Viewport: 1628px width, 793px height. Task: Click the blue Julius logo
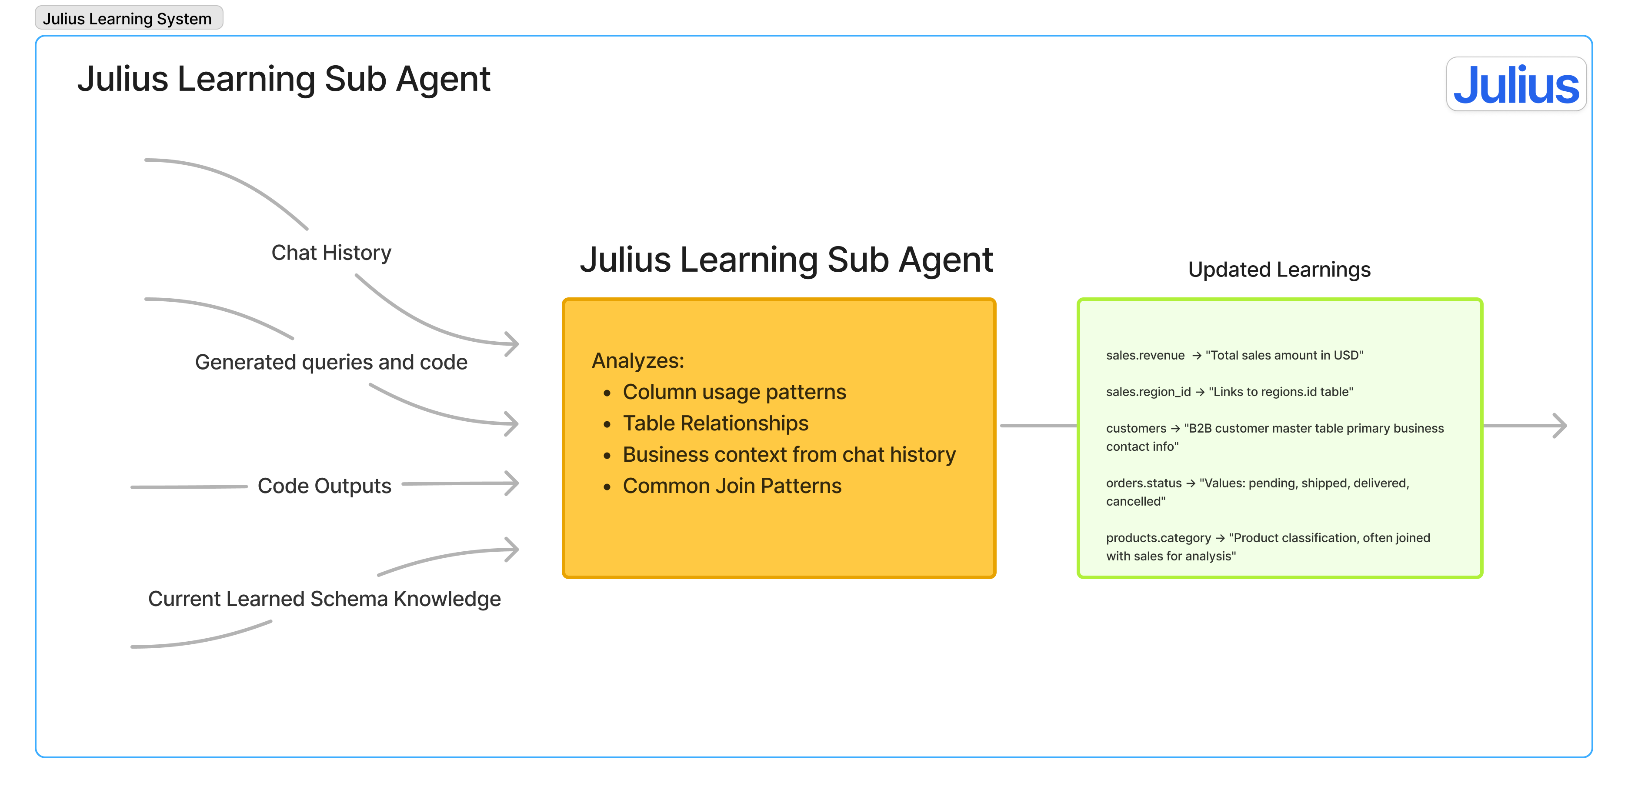pyautogui.click(x=1515, y=85)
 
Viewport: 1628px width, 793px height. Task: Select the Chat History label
pyautogui.click(x=331, y=253)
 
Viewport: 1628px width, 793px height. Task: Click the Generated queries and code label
pyautogui.click(x=331, y=362)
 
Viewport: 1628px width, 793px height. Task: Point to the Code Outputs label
pyautogui.click(x=324, y=486)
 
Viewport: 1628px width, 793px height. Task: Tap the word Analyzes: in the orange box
pyautogui.click(x=637, y=361)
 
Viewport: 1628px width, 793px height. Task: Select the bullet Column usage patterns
pyautogui.click(x=734, y=393)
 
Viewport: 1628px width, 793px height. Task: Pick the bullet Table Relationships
pyautogui.click(x=715, y=423)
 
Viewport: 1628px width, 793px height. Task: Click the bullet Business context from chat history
pyautogui.click(x=789, y=455)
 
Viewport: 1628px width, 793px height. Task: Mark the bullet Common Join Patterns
pyautogui.click(x=732, y=486)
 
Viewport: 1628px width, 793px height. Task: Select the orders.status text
pyautogui.click(x=1143, y=483)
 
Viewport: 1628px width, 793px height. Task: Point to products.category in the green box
pyautogui.click(x=1158, y=538)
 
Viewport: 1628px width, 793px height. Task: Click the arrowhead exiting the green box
pyautogui.click(x=1560, y=426)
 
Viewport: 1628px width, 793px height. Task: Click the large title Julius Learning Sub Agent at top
pyautogui.click(x=284, y=80)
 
